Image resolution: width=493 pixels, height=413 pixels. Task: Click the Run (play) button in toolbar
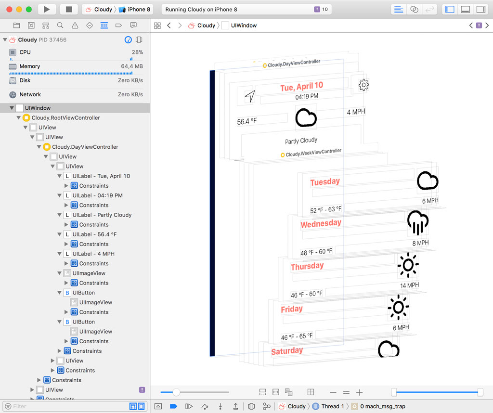(47, 9)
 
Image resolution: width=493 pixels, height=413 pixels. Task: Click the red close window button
(9, 9)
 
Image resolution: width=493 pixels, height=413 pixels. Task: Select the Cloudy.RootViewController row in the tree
(65, 118)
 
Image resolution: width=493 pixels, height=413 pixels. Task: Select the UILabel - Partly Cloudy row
(102, 215)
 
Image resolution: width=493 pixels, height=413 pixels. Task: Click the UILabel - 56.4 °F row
(94, 234)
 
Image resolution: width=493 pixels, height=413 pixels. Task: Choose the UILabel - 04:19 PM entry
(97, 195)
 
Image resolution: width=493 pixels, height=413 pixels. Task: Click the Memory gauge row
(29, 66)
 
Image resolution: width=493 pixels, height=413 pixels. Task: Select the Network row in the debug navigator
(30, 95)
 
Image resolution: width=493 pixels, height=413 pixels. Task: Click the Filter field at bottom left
(67, 406)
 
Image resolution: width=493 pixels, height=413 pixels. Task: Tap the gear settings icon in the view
(363, 85)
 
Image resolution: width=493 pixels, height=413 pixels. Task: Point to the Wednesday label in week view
(321, 224)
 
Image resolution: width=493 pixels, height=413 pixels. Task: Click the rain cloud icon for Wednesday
(417, 222)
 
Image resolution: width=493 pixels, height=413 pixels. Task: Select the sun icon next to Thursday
(408, 265)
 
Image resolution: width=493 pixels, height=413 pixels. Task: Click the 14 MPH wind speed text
(409, 285)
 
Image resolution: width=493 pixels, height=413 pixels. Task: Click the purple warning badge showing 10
(321, 9)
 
